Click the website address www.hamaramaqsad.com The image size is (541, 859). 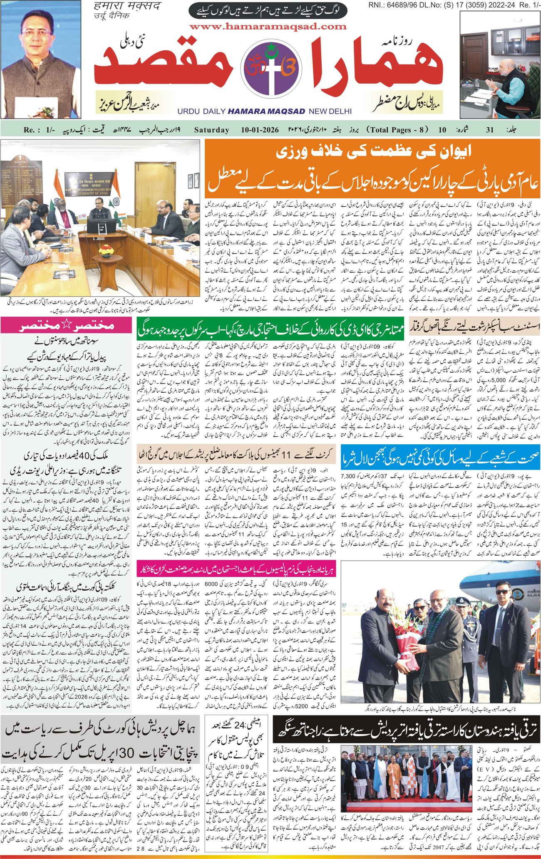(x=268, y=27)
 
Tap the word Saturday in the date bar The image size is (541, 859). (x=211, y=130)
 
